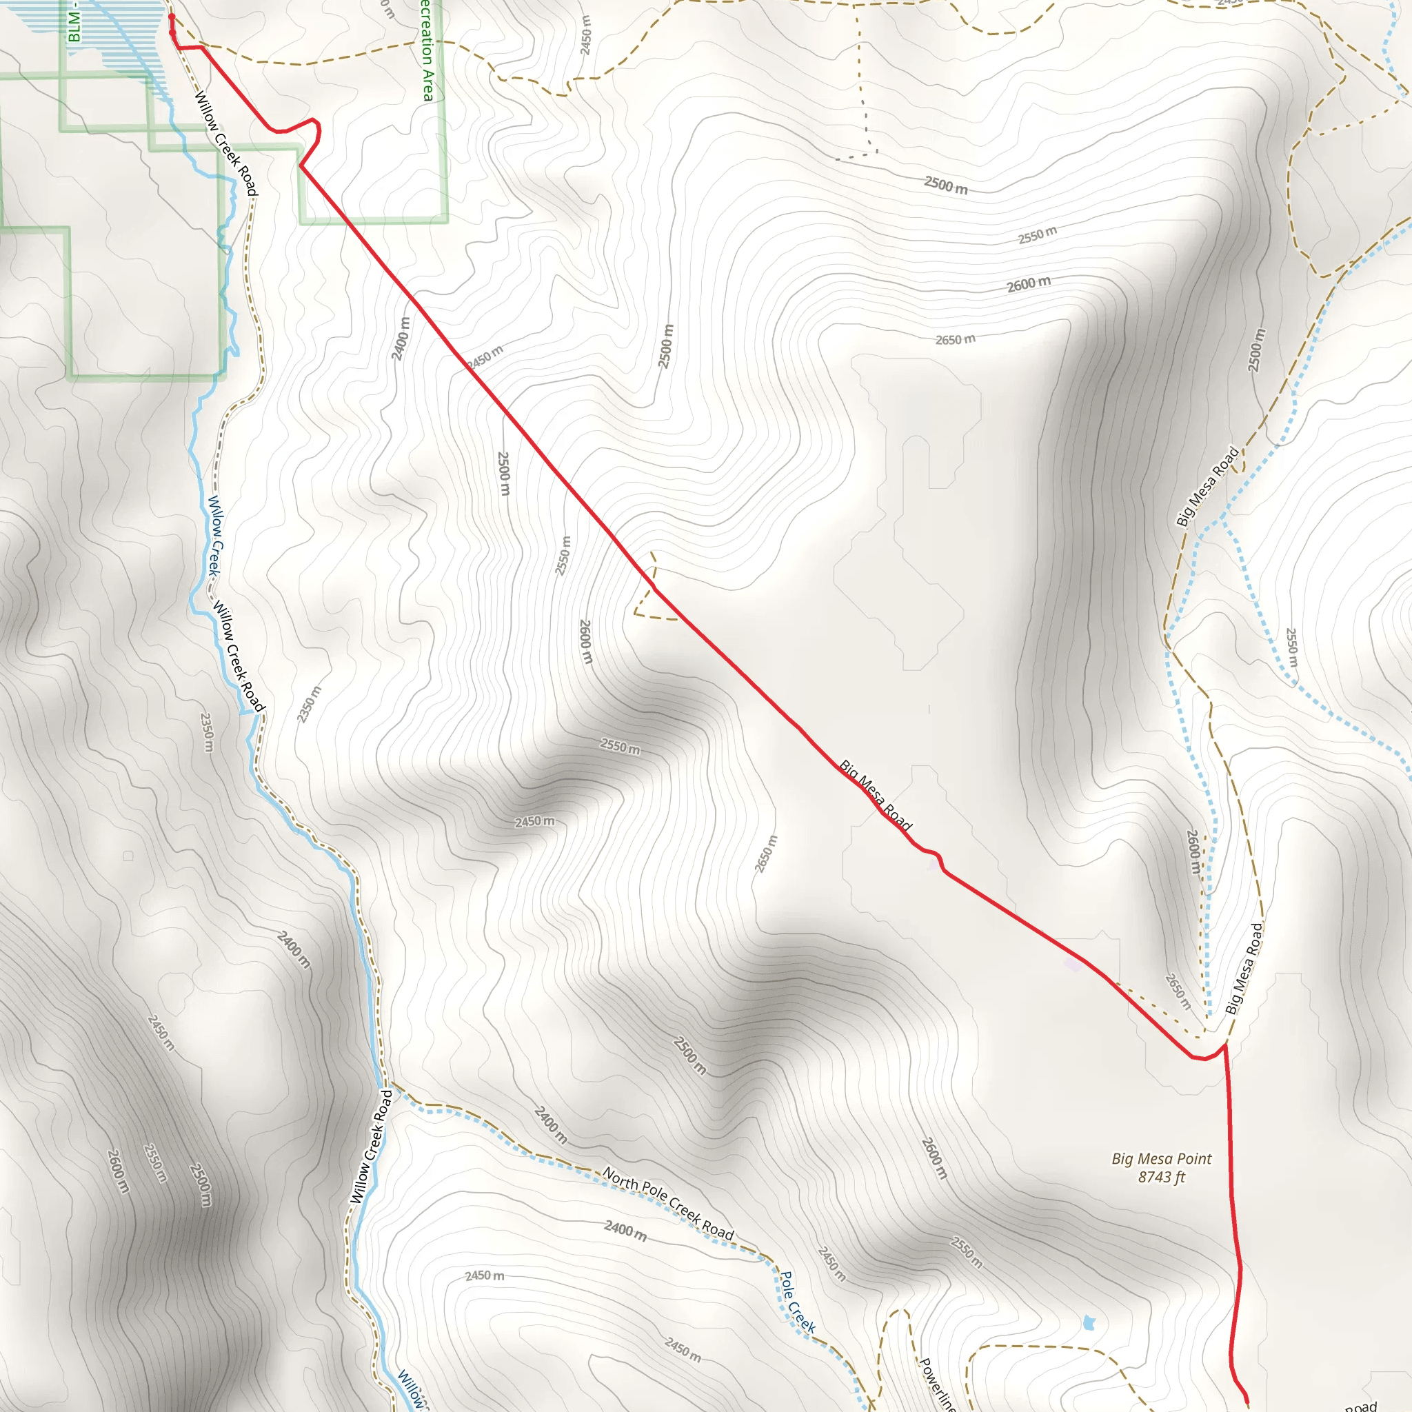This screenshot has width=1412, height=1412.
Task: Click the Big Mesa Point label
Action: tap(1161, 1159)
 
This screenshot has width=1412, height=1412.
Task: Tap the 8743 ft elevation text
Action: tap(1161, 1178)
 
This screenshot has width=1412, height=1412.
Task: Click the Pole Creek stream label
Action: tap(798, 1302)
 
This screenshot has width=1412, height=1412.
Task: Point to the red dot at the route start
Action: tap(172, 16)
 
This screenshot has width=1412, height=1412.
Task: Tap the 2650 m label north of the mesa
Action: tap(955, 339)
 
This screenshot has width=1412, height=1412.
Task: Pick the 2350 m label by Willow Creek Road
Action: tap(308, 705)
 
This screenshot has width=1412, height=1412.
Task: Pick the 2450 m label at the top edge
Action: tap(585, 34)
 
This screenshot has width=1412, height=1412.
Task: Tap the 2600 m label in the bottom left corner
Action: tap(119, 1171)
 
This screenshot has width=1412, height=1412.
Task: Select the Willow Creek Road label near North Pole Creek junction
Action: tap(372, 1147)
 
